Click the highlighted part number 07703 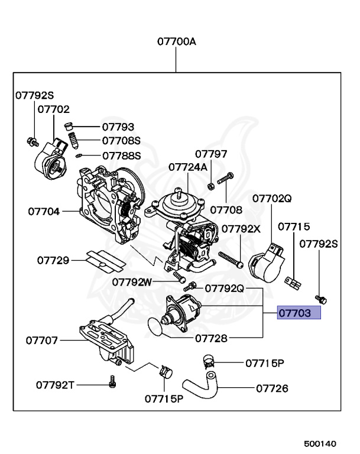[299, 313]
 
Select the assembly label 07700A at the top [176, 42]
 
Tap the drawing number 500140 [320, 443]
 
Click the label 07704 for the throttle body [44, 210]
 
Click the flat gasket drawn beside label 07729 [103, 260]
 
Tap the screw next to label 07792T [111, 384]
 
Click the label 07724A [188, 167]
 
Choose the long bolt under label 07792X [231, 258]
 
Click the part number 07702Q [272, 199]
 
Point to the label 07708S [121, 141]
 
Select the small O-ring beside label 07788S [78, 156]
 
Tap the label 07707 [41, 340]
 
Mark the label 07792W [132, 282]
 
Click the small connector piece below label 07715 [293, 284]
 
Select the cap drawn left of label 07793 [69, 127]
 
